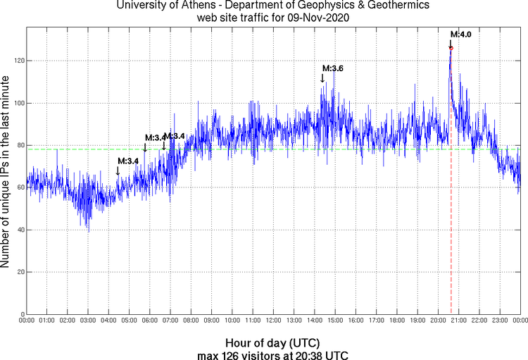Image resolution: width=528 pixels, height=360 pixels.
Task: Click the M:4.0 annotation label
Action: [x=460, y=35]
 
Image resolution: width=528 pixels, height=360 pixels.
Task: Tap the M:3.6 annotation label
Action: [x=332, y=68]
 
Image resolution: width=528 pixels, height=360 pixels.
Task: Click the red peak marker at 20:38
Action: [x=451, y=48]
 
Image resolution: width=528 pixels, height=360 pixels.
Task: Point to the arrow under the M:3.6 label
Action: [x=322, y=78]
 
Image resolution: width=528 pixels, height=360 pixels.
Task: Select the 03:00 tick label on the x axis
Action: [x=88, y=321]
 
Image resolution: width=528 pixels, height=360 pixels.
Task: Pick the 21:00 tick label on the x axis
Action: [x=458, y=321]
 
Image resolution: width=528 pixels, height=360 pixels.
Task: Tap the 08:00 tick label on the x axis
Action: [x=191, y=321]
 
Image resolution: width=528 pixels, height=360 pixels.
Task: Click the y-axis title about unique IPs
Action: [x=6, y=171]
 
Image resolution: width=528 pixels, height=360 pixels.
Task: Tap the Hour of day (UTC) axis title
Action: [x=273, y=342]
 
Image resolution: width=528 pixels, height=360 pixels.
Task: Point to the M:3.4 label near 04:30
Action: [x=128, y=161]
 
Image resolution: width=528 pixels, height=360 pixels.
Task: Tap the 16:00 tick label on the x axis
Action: [x=356, y=321]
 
